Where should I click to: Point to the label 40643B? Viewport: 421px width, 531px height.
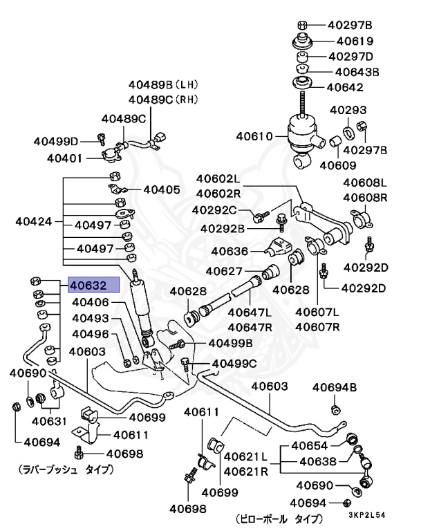(357, 71)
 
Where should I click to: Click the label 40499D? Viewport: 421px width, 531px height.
(56, 141)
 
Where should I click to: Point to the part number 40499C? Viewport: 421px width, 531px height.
(234, 363)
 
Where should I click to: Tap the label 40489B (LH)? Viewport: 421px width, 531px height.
(162, 85)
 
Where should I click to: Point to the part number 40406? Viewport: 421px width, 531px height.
(91, 302)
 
